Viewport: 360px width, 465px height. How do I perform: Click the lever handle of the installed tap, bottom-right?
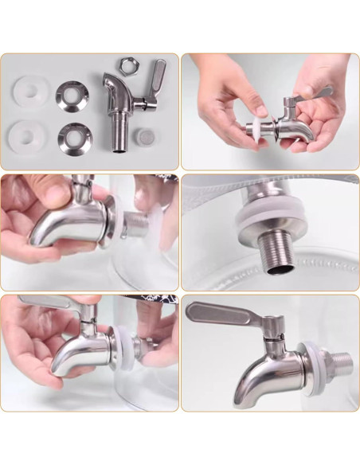(x=224, y=313)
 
